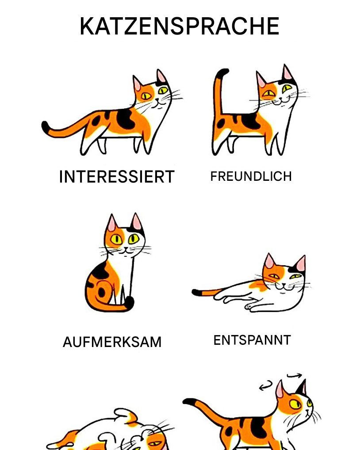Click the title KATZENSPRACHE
click(180, 26)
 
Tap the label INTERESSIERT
click(117, 176)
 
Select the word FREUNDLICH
click(251, 176)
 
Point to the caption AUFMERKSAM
click(112, 342)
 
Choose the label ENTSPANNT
click(253, 340)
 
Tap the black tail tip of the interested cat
click(46, 126)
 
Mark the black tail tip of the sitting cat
click(130, 302)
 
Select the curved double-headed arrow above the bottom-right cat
click(265, 385)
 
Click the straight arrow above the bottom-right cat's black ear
click(295, 375)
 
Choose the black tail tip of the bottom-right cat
click(189, 401)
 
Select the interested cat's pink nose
click(157, 100)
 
